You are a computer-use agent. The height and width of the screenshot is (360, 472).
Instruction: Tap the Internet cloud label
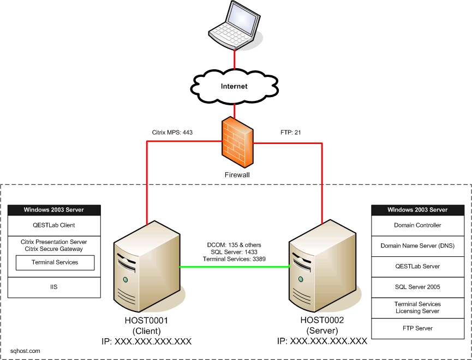[234, 86]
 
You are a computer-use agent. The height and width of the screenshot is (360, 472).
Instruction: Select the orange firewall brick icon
[237, 142]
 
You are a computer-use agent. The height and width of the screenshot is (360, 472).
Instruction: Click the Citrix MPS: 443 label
[172, 132]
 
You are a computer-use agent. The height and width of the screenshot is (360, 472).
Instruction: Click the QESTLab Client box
[53, 225]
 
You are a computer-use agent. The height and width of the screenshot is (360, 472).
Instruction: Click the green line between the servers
[235, 267]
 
